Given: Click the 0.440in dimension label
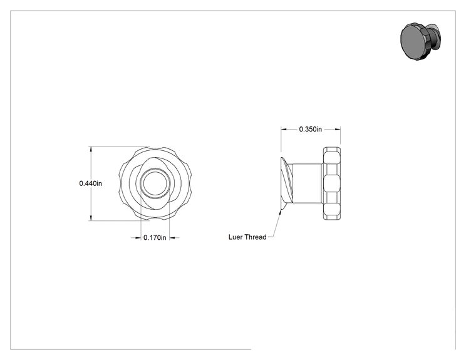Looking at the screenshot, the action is pyautogui.click(x=90, y=183).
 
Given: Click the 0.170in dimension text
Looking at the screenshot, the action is pyautogui.click(x=155, y=238).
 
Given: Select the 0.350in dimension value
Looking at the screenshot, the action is pyautogui.click(x=310, y=129).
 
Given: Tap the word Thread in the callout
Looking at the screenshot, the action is pyautogui.click(x=256, y=237).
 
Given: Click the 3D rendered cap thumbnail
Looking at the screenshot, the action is pyautogui.click(x=420, y=41).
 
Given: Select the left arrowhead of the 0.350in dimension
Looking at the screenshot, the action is pyautogui.click(x=284, y=129).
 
